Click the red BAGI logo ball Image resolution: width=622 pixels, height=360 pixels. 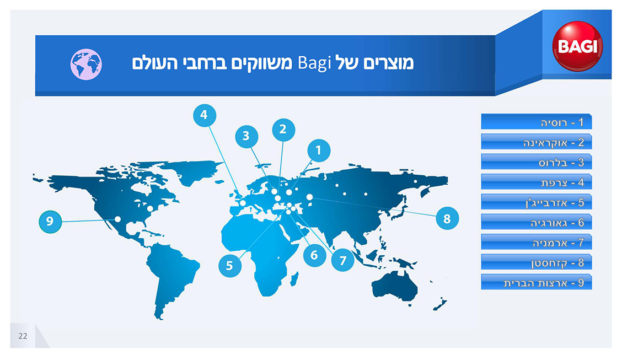tap(577, 46)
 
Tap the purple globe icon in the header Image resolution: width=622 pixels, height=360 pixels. tap(86, 65)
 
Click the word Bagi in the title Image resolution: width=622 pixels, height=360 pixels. tap(314, 63)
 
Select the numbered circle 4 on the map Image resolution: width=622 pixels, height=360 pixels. tap(205, 115)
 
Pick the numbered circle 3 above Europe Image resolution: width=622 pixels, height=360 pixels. tap(246, 136)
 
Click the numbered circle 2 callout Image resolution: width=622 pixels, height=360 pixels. tap(283, 130)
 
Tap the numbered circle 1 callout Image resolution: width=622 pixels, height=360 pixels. tap(319, 151)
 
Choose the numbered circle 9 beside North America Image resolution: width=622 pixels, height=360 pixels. tap(50, 221)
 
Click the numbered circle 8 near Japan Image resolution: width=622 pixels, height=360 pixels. tap(447, 218)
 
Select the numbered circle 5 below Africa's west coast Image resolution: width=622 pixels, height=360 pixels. tap(230, 266)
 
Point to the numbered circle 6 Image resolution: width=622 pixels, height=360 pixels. tap(314, 255)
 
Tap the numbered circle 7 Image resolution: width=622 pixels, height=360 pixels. tap(343, 260)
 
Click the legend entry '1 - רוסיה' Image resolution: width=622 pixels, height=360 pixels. tap(537, 122)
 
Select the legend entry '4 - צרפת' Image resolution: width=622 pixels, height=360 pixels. tap(537, 182)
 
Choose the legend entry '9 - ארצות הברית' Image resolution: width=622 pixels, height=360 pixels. tap(537, 282)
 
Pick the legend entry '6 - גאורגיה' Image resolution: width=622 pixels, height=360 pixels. tap(537, 222)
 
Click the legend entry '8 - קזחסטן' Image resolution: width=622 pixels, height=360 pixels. tap(537, 262)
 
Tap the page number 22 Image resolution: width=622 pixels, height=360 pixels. tap(23, 336)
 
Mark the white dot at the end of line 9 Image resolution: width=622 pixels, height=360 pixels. tap(118, 219)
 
